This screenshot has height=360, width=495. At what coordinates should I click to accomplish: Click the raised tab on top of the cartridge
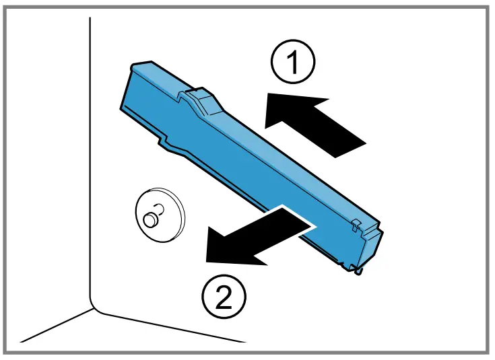coord(201,99)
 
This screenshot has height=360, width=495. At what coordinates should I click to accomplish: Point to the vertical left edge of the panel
coord(90,168)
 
